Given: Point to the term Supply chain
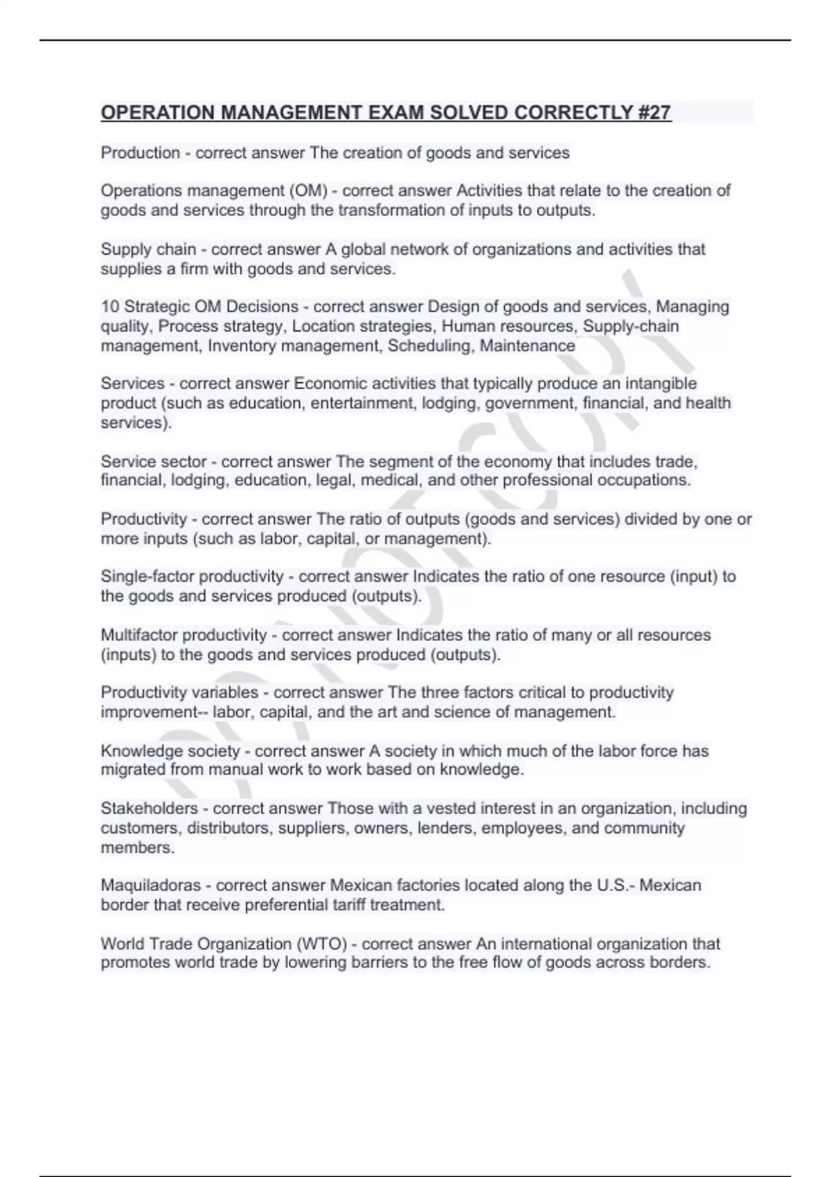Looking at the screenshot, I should (148, 249).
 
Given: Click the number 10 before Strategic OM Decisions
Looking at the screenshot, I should (110, 307).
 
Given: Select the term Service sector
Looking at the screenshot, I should (153, 462).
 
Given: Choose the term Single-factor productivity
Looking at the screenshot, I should (192, 577).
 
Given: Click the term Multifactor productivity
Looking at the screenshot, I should (184, 635).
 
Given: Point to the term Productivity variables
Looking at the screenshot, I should (179, 692).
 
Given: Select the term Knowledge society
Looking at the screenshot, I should (170, 751).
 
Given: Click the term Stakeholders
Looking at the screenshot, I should (149, 809).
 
